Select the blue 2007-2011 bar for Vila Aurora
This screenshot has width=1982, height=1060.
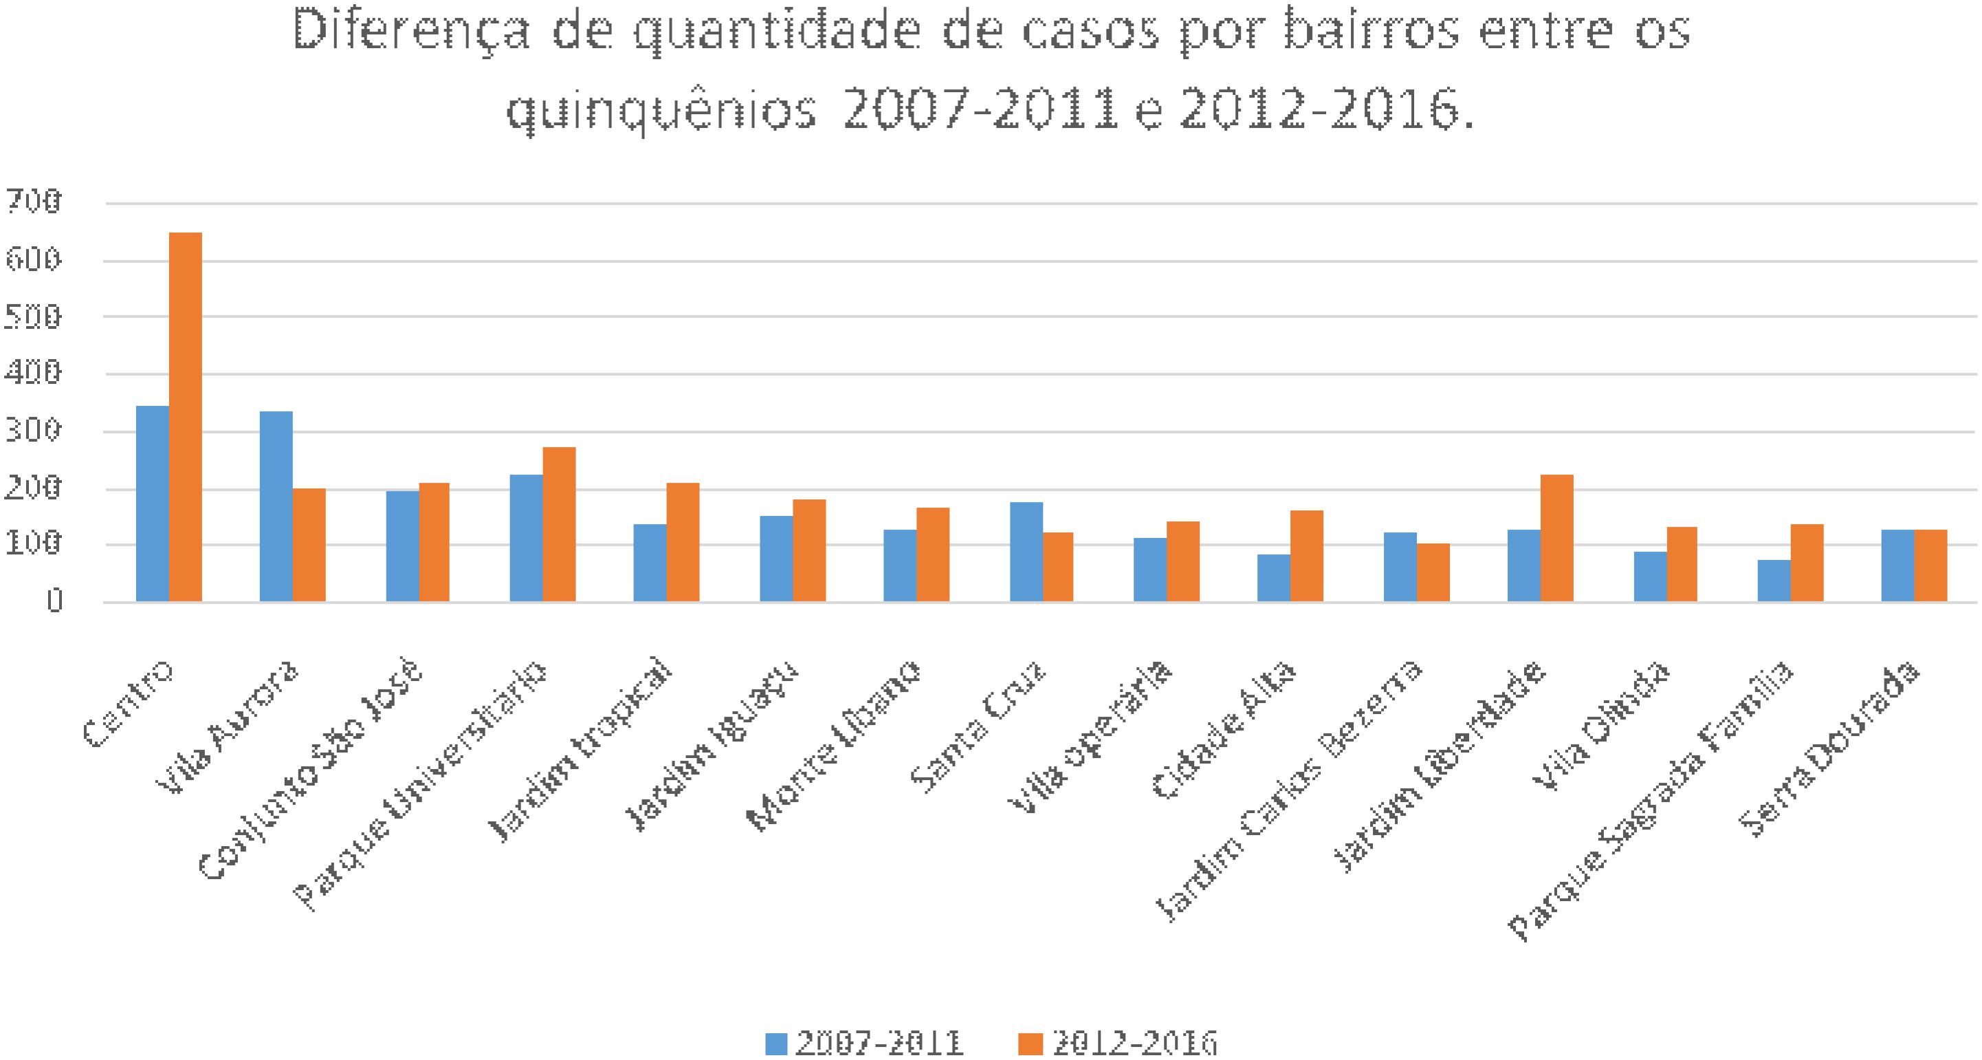276,506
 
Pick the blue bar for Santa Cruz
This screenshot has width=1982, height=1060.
1026,551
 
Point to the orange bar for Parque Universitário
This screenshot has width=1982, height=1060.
559,523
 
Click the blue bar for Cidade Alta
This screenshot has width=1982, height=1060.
1273,577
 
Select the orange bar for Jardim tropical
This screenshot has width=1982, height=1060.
683,542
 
